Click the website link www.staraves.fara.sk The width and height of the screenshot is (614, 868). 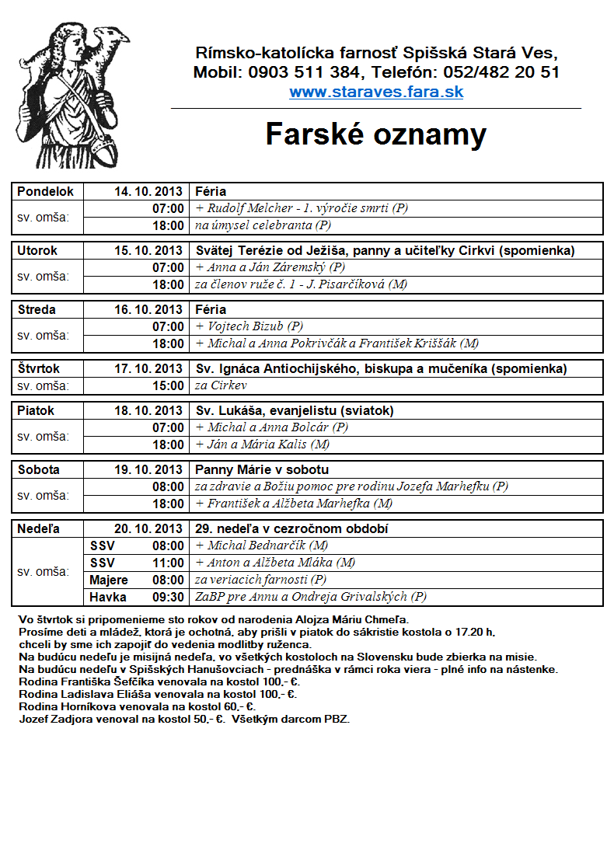pyautogui.click(x=376, y=92)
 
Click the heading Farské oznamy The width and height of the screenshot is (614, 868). pyautogui.click(x=375, y=134)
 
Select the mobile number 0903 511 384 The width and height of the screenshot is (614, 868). pyautogui.click(x=305, y=73)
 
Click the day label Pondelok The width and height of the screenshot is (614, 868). pyautogui.click(x=45, y=191)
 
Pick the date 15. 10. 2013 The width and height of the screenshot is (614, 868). pyautogui.click(x=148, y=251)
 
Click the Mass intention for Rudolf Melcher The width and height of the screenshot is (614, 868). pyautogui.click(x=302, y=208)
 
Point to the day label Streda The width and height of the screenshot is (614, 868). pyautogui.click(x=37, y=310)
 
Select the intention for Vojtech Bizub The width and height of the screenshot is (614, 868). pyautogui.click(x=249, y=327)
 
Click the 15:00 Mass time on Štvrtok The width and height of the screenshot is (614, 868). pyautogui.click(x=169, y=386)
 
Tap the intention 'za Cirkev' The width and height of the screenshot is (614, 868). pyautogui.click(x=221, y=386)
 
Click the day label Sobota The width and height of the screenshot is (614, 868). pyautogui.click(x=38, y=470)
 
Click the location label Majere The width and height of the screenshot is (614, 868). pyautogui.click(x=109, y=580)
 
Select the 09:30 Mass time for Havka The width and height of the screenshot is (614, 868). pyautogui.click(x=169, y=598)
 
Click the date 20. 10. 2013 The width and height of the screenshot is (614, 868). pyautogui.click(x=148, y=529)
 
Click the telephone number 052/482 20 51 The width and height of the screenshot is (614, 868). pyautogui.click(x=501, y=73)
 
